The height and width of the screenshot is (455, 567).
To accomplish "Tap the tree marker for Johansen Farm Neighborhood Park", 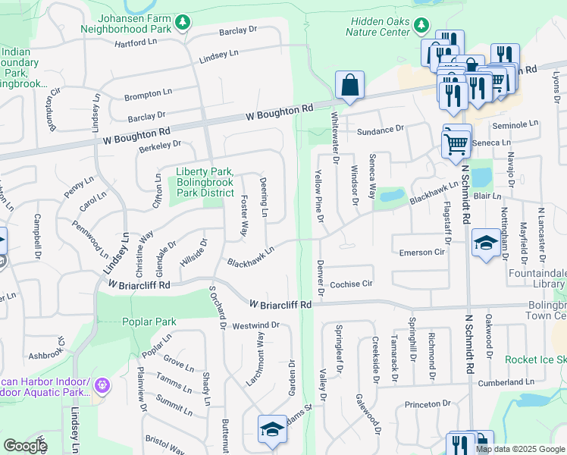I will [x=182, y=24].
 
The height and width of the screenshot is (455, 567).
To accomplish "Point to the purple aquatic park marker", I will [x=103, y=387].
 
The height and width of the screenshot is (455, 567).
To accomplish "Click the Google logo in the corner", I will [x=25, y=446].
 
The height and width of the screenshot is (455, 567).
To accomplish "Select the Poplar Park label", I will [x=149, y=322].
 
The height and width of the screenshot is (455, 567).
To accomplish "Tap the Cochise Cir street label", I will [x=352, y=284].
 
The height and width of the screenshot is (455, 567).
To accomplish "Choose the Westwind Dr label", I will [x=256, y=325].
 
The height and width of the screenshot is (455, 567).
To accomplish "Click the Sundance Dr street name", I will [x=381, y=130].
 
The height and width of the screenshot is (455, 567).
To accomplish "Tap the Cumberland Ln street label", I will [x=511, y=383].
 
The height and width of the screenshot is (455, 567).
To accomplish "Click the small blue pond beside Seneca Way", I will [x=391, y=196].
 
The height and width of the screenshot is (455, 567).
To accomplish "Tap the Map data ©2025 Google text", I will [x=519, y=449].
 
